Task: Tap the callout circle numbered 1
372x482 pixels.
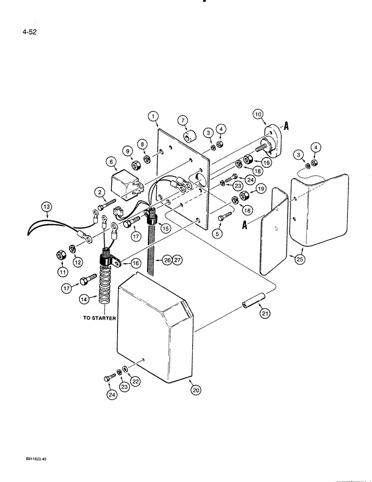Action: (153, 116)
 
